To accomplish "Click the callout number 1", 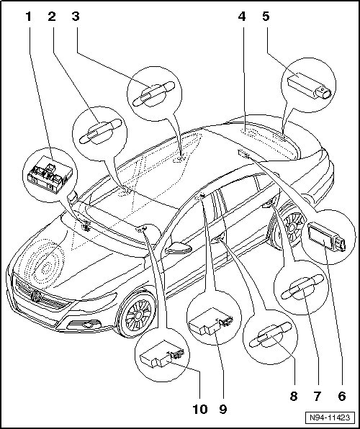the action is (x=28, y=17).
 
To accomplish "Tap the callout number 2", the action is (x=52, y=17).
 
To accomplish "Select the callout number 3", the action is (x=76, y=17).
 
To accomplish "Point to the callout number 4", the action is (x=242, y=17).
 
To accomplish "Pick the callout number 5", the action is (x=266, y=17).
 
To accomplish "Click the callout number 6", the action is (x=342, y=396).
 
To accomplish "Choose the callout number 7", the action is (x=317, y=396).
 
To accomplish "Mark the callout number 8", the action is (x=294, y=396).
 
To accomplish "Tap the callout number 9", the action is (x=223, y=410).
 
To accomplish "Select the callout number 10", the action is (x=200, y=410).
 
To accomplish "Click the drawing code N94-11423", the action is (x=330, y=417).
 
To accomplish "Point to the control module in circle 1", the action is (x=50, y=175).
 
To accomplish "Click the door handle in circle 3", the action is (x=153, y=94).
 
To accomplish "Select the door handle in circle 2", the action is (x=100, y=132).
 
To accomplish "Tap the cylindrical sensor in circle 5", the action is (x=310, y=86).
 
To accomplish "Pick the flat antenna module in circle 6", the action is (x=326, y=237).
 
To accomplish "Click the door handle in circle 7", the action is (x=302, y=286).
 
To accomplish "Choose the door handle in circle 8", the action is (x=270, y=335).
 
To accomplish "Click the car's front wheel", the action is (x=136, y=314).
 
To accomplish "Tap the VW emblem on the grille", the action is (x=36, y=296).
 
